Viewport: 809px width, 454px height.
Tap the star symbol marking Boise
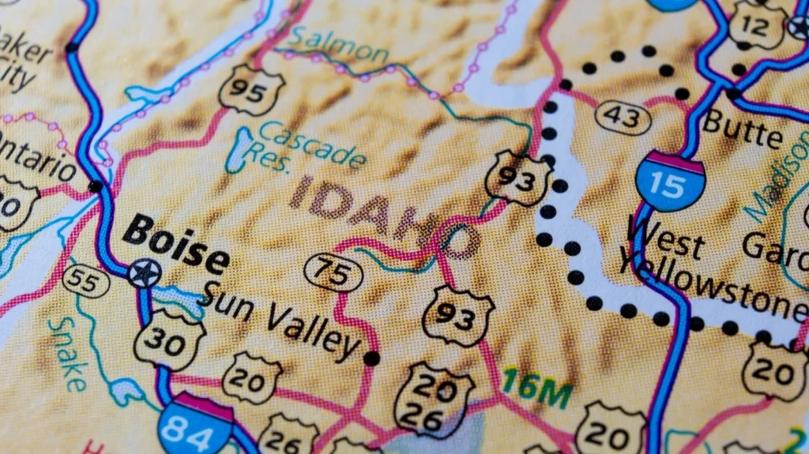(x=145, y=273)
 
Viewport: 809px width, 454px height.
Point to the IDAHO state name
(x=383, y=216)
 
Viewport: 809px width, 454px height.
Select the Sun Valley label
(x=280, y=321)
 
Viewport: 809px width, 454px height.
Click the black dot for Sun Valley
(x=371, y=358)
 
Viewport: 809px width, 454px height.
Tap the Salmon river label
(x=340, y=46)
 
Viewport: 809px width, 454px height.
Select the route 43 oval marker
(x=623, y=118)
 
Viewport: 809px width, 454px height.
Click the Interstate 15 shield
(x=670, y=181)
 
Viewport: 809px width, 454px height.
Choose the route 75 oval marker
(x=333, y=272)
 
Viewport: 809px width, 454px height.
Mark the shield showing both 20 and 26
(x=433, y=400)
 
